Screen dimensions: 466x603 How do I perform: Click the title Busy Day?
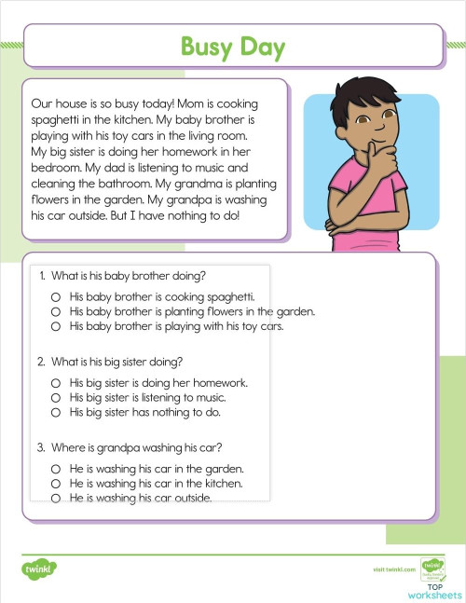232,46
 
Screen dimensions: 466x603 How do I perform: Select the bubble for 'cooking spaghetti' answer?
56,296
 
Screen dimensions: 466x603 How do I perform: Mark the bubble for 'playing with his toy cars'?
56,326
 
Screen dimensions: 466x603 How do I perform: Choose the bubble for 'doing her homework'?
56,382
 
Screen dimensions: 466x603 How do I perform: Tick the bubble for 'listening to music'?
56,397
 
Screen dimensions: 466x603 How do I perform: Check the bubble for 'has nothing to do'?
56,412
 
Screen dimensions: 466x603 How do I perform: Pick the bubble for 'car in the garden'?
56,469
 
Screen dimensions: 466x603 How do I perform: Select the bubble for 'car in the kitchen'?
56,484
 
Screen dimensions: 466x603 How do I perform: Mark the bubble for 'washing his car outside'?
56,499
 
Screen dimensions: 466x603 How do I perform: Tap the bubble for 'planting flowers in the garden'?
56,311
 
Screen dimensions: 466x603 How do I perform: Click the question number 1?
42,276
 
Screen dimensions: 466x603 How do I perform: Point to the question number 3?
42,447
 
